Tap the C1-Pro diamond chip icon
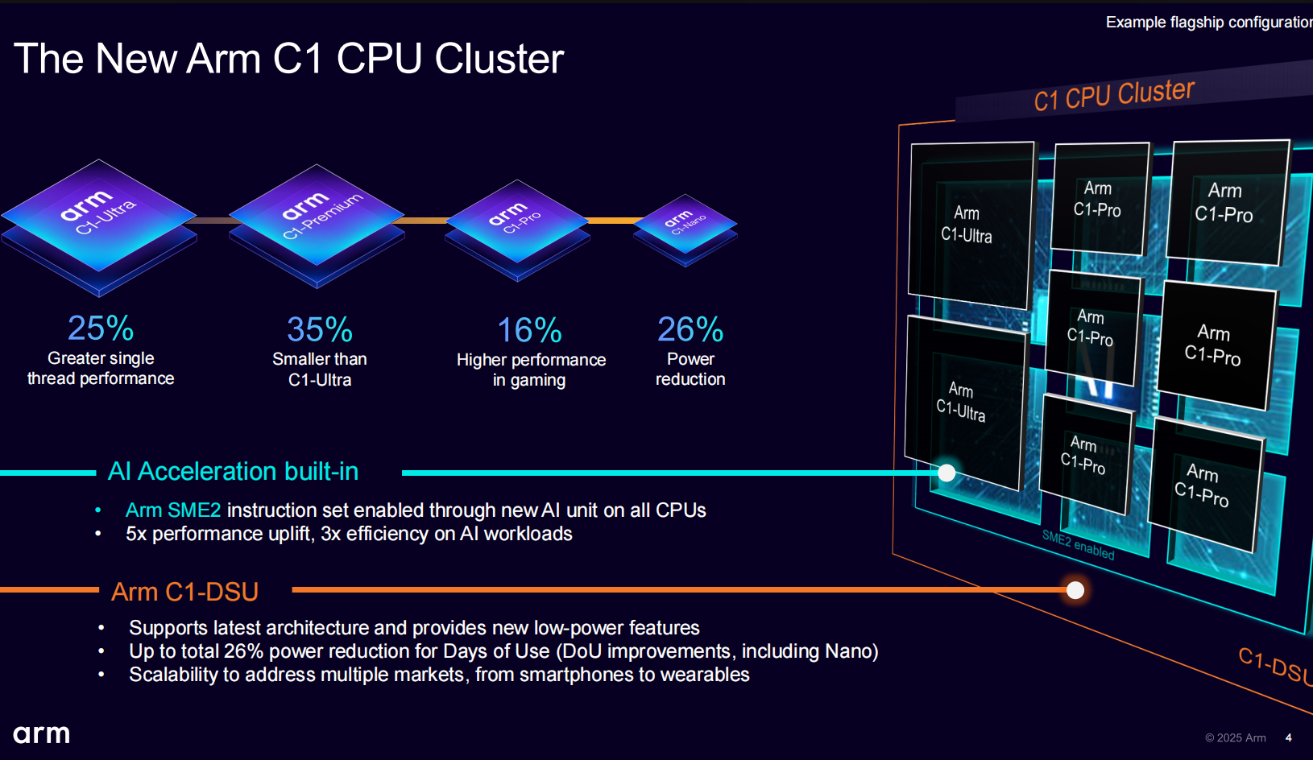click(x=517, y=221)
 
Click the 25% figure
click(x=101, y=328)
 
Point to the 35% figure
click(x=320, y=330)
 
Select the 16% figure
click(x=529, y=331)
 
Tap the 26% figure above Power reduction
click(x=690, y=329)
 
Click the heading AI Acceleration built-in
click(x=234, y=472)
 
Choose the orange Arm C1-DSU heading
click(x=185, y=592)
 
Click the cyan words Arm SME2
click(x=173, y=510)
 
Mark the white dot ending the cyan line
click(x=947, y=473)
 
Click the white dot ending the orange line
click(x=1075, y=590)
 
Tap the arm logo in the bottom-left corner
click(x=42, y=734)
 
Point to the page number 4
click(x=1289, y=737)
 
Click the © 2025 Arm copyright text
click(x=1236, y=738)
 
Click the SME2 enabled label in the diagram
click(x=1079, y=545)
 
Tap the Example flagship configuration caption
click(x=1208, y=23)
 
